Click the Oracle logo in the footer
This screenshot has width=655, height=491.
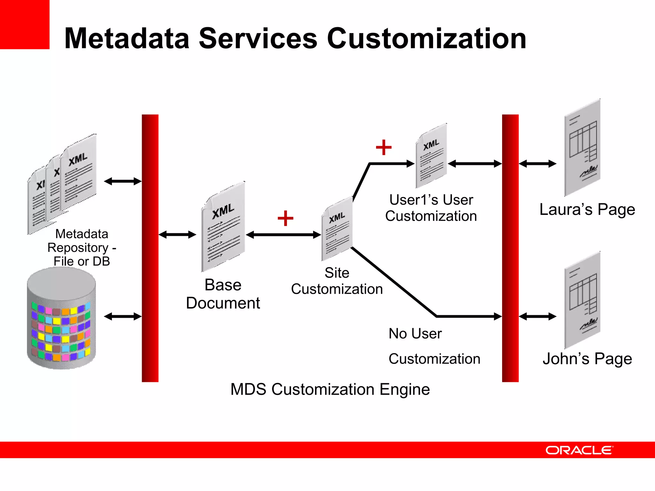point(579,450)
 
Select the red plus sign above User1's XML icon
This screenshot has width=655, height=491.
point(383,147)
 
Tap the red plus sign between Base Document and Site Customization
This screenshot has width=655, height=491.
point(285,218)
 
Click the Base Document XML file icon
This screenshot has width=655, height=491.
point(223,227)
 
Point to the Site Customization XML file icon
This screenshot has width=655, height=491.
point(337,230)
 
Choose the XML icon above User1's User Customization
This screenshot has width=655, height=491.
point(431,156)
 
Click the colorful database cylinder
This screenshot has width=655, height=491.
point(61,318)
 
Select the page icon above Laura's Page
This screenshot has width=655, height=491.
point(582,148)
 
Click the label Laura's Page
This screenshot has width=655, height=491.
point(587,210)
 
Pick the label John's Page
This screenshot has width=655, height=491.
point(587,359)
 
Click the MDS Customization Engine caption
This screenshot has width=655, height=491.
point(330,389)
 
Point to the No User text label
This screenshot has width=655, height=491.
point(415,334)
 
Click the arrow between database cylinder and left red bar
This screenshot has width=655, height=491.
point(122,316)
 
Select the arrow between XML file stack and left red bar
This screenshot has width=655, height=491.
point(122,181)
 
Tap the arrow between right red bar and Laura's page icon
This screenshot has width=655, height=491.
point(537,164)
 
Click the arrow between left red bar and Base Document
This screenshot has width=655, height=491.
point(177,235)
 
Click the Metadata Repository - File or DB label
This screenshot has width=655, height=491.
point(82,247)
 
